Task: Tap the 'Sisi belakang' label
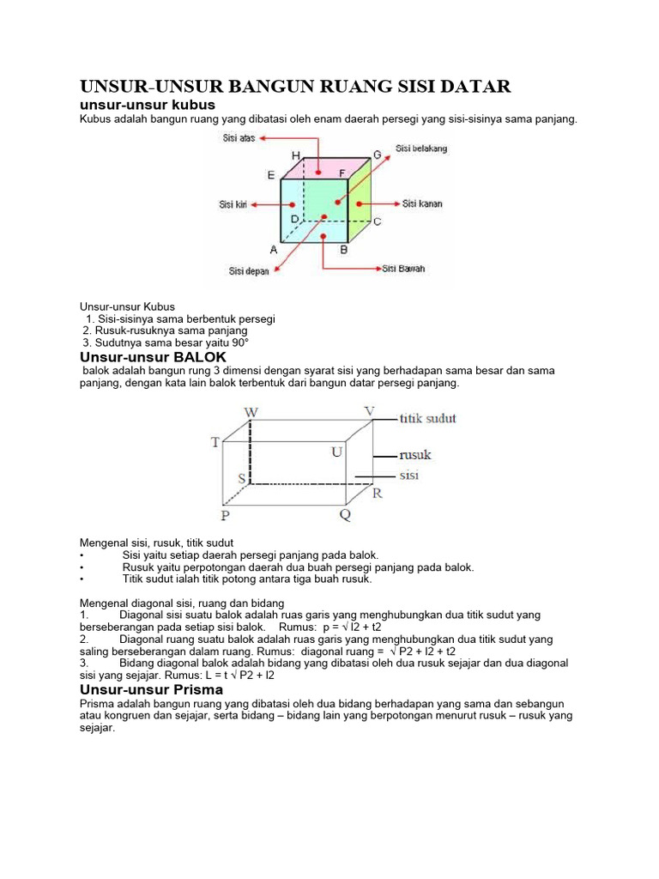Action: click(x=421, y=149)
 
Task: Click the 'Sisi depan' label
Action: click(x=249, y=271)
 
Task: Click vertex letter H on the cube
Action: click(x=296, y=155)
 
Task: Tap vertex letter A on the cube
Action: click(x=274, y=251)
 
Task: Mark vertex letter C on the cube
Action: click(x=377, y=221)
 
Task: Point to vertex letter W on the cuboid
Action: click(x=251, y=412)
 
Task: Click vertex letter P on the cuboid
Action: click(x=225, y=516)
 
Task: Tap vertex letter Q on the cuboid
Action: click(x=345, y=516)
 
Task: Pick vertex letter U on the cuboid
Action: click(x=338, y=451)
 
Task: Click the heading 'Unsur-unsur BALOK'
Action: click(x=153, y=356)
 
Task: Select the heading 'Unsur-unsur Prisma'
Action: click(x=151, y=689)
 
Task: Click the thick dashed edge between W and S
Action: click(x=251, y=451)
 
